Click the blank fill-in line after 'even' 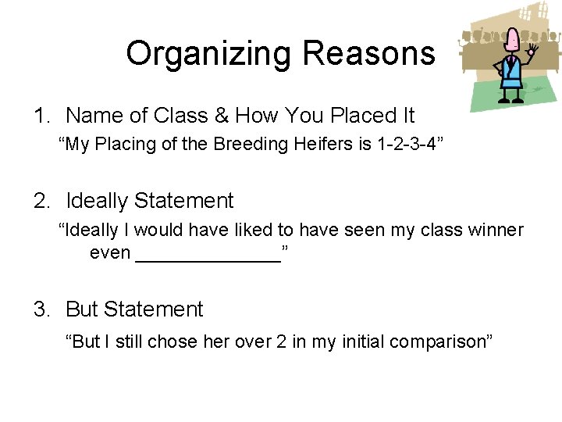pos(208,253)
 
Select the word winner pos(493,231)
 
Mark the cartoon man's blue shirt pos(512,74)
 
